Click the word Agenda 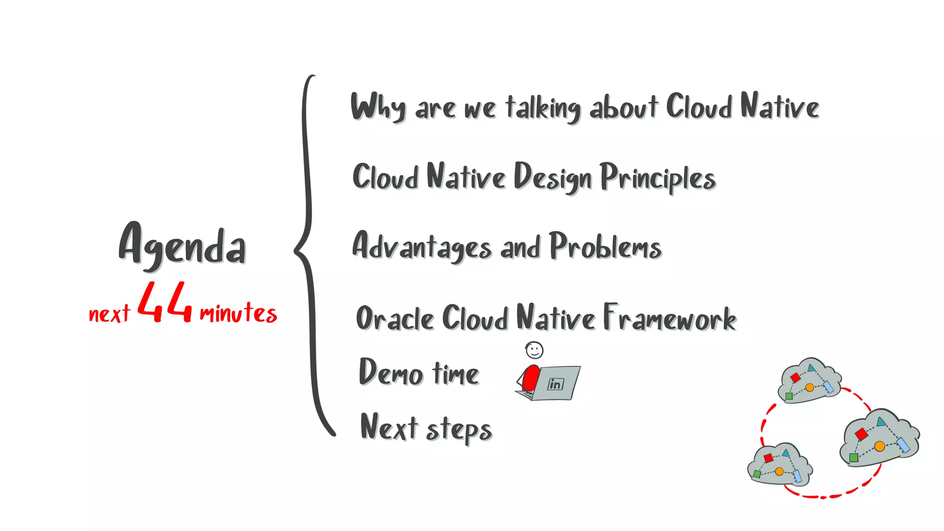182,245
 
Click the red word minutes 238,313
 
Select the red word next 109,314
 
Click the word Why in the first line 378,107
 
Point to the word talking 543,108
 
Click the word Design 552,177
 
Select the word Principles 657,178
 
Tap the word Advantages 422,246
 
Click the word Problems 605,246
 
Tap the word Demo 390,372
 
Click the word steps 459,430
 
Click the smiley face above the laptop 534,350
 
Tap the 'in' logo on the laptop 555,383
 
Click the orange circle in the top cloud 809,387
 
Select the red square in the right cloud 861,434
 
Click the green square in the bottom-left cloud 757,474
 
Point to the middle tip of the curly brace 295,251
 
